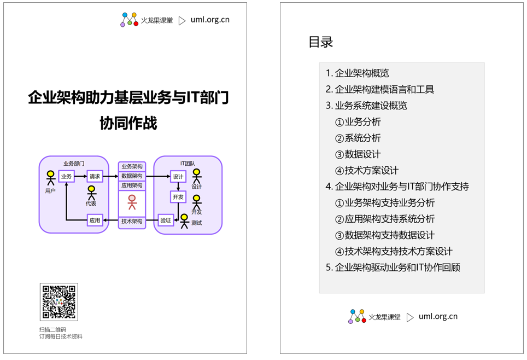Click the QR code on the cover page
pos(59,302)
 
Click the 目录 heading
pos(321,42)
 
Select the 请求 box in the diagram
pos(95,176)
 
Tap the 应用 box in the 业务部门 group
pos(95,220)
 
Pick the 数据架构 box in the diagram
pos(132,176)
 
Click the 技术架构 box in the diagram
pos(132,222)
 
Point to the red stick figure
pos(132,202)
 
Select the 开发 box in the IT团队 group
pos(178,197)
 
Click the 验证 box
pos(166,220)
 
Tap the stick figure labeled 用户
pos(51,178)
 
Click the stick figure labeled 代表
pos(91,193)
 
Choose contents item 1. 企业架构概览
pos(357,73)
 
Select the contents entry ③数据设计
pos(358,154)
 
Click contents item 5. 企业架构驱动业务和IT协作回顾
pos(393,268)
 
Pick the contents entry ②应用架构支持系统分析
pos(384,219)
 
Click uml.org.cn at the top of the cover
pos(210,20)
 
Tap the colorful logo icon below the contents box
pos(357,316)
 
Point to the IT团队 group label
pos(188,164)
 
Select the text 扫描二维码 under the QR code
pos(53,330)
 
